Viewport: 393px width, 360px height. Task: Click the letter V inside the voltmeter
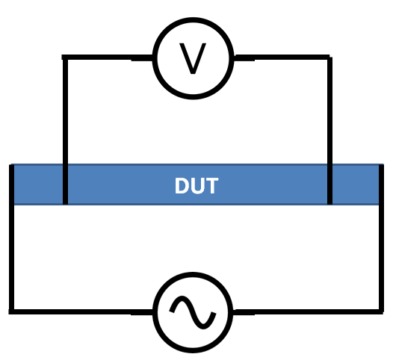193,58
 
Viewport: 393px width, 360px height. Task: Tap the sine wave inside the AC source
193,312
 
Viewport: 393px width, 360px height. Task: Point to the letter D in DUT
182,185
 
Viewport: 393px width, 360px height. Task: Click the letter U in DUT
198,186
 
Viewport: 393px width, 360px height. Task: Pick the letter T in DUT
211,185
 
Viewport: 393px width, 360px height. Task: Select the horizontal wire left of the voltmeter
108,58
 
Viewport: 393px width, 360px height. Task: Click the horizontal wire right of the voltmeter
282,58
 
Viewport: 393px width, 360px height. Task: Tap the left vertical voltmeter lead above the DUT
65,111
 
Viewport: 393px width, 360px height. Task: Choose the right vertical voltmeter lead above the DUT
329,111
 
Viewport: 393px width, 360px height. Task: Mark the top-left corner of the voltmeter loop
65,58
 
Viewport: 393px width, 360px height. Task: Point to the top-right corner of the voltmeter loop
330,58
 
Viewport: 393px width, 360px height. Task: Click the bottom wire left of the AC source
81,312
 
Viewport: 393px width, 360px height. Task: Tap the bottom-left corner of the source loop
11,312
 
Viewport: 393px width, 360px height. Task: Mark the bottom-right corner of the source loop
381,312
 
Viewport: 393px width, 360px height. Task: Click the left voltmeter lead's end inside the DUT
65,204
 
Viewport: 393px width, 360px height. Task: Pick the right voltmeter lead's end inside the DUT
329,204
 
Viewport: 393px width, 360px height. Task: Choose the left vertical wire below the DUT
11,258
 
